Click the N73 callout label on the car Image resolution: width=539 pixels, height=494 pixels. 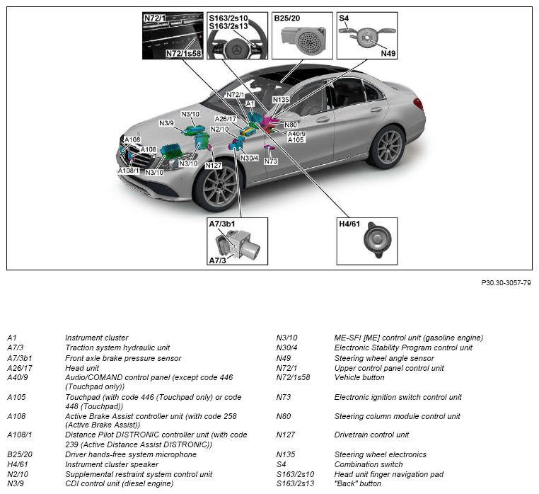[x=271, y=161]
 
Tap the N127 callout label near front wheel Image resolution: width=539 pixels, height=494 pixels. [x=214, y=165]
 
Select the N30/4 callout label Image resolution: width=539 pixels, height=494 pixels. [x=250, y=158]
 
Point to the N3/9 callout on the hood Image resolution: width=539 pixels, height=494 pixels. [x=167, y=123]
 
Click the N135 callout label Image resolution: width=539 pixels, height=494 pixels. [x=281, y=100]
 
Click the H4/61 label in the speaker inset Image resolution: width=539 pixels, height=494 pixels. [x=350, y=224]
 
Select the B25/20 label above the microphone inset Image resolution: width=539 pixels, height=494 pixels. [x=287, y=17]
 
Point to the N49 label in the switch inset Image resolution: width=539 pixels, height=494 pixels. [x=388, y=52]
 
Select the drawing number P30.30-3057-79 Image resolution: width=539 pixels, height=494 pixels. [x=506, y=282]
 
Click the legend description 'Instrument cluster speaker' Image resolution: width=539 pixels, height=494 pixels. [x=112, y=464]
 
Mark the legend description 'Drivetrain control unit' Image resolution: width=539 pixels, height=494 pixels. [x=372, y=435]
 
